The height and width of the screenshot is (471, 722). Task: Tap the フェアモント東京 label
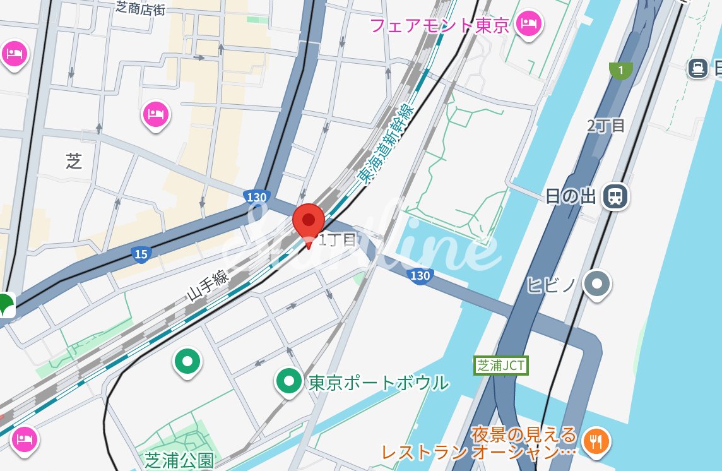pos(439,26)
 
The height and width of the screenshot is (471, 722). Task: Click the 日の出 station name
pos(571,196)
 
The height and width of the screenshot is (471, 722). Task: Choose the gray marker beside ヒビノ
pos(596,283)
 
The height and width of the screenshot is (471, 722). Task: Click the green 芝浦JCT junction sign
pos(500,365)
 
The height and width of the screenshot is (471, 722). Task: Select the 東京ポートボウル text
pos(378,383)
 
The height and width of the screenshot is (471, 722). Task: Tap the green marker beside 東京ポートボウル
pos(290,381)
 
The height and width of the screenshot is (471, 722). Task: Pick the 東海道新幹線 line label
pos(384,144)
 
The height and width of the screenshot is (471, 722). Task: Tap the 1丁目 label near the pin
pos(338,239)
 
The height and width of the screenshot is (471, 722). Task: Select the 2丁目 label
pos(606,125)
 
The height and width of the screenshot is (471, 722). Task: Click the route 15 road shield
pos(141,254)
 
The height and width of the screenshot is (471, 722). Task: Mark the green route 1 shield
pos(621,71)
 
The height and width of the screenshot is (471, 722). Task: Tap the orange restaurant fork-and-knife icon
pos(595,439)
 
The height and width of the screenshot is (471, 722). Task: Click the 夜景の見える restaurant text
pos(524,434)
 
